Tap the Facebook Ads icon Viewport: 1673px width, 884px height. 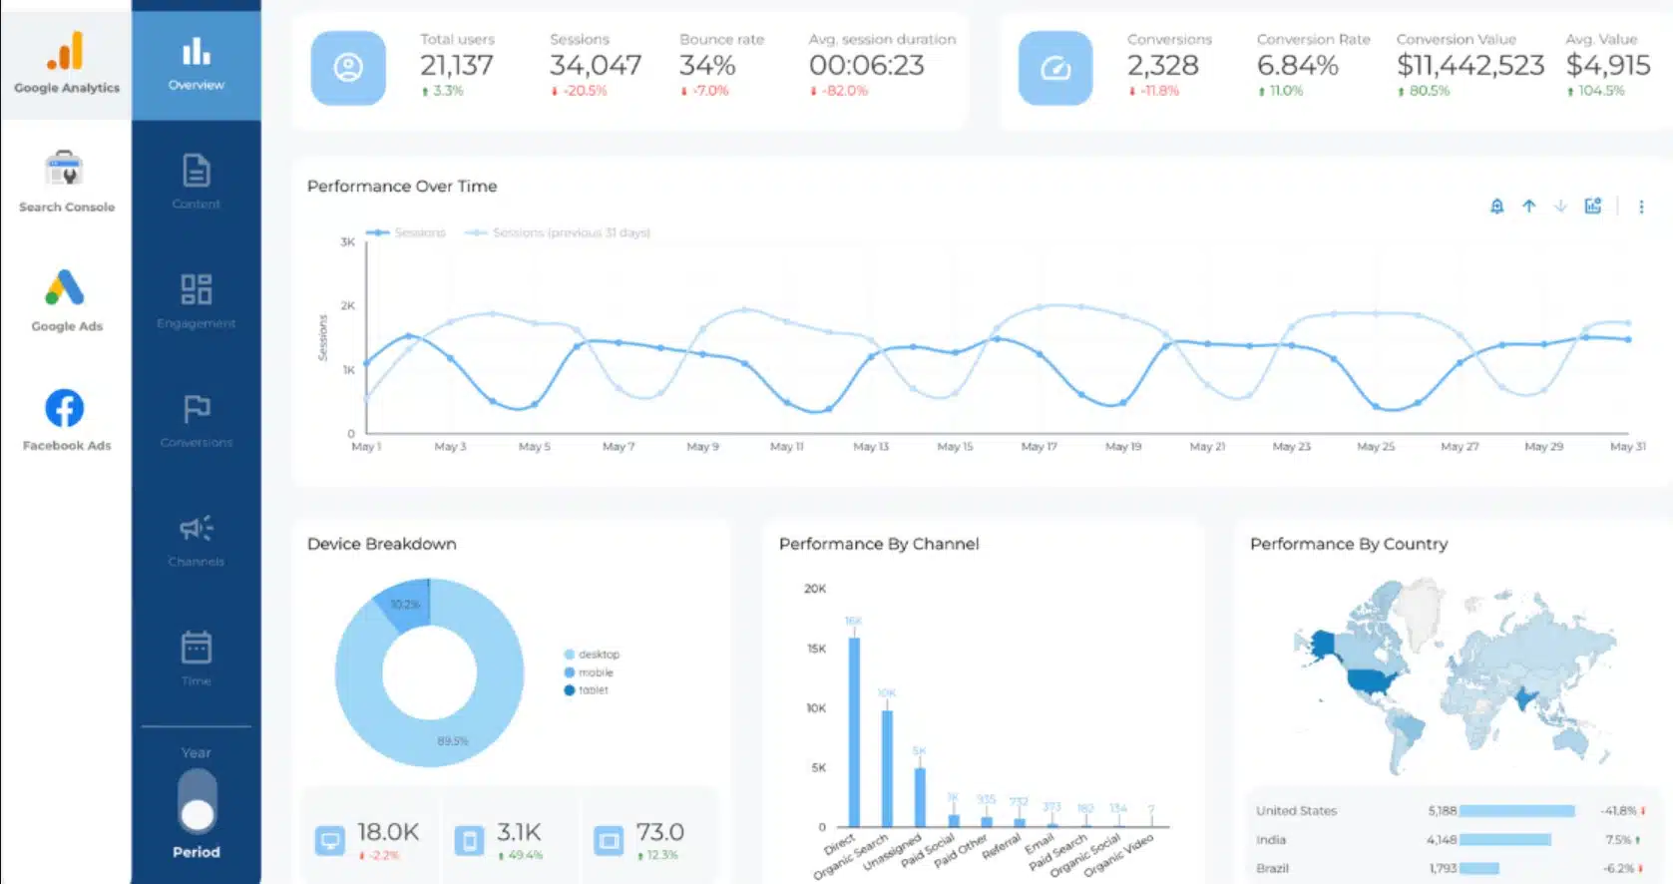65,408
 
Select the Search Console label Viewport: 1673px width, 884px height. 67,208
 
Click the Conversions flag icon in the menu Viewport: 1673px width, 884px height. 197,409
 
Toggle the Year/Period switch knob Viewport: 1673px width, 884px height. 198,815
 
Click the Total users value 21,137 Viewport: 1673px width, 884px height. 456,66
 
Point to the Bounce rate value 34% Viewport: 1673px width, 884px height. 707,66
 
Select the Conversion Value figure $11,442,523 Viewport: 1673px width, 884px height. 1469,66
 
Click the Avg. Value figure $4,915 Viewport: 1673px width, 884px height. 1607,66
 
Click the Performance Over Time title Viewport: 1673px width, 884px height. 402,187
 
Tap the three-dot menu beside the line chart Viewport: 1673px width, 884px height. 1641,207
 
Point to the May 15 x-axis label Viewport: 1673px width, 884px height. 955,447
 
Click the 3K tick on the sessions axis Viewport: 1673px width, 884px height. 347,242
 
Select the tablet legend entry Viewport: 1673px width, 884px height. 593,690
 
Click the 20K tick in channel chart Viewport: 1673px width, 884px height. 814,589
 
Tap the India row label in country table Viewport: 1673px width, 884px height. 1271,840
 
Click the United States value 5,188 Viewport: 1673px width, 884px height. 1442,811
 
